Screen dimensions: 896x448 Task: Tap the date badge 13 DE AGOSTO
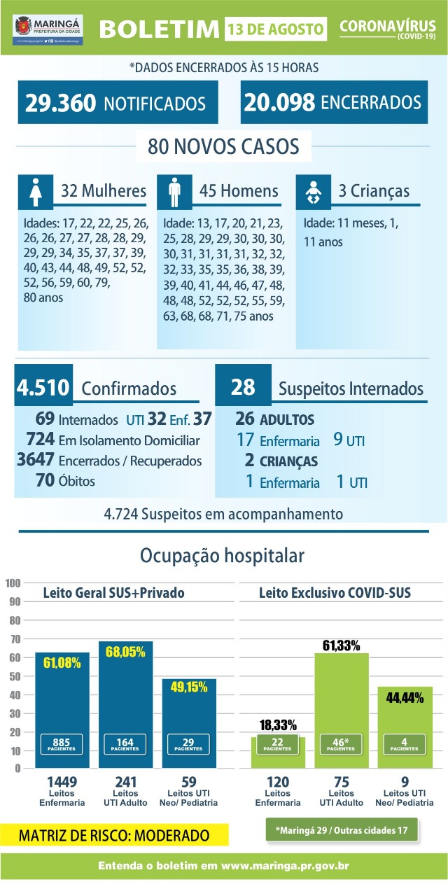pyautogui.click(x=276, y=29)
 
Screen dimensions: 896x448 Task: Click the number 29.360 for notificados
pyautogui.click(x=60, y=103)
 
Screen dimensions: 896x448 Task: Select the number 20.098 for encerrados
pyautogui.click(x=279, y=102)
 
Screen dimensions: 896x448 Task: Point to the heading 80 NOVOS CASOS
pyautogui.click(x=223, y=147)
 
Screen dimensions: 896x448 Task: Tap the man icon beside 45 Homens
pyautogui.click(x=174, y=190)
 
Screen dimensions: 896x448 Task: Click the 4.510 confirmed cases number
pyautogui.click(x=43, y=388)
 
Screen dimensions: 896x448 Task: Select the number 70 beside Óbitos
pyautogui.click(x=46, y=481)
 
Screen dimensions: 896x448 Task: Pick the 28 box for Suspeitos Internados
pyautogui.click(x=243, y=388)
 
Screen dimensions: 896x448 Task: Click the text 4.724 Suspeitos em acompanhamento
pyautogui.click(x=223, y=514)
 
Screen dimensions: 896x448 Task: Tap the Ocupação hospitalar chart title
pyautogui.click(x=223, y=556)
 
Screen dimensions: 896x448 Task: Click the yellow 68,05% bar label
pyautogui.click(x=125, y=652)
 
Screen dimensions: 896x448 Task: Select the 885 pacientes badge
pyautogui.click(x=62, y=743)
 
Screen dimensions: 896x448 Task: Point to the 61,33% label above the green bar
pyautogui.click(x=342, y=645)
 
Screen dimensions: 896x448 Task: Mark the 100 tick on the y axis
pyautogui.click(x=12, y=583)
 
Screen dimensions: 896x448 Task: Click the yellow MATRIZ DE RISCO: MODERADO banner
pyautogui.click(x=114, y=835)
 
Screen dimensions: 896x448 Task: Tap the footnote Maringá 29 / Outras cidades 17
pyautogui.click(x=342, y=830)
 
